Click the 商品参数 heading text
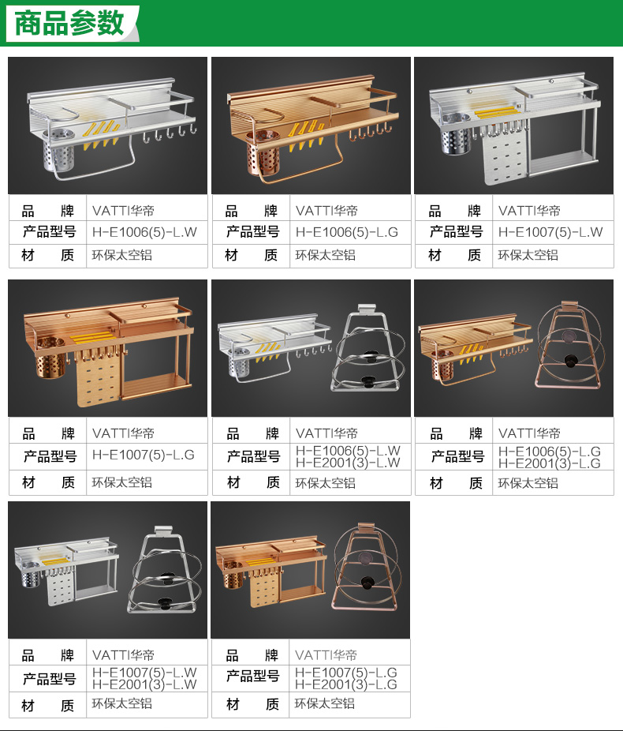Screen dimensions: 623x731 (x=69, y=23)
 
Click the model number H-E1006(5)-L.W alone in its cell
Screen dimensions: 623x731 (x=144, y=232)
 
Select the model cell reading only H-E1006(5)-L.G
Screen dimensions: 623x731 (x=347, y=232)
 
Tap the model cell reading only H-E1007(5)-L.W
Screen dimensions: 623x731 (x=550, y=232)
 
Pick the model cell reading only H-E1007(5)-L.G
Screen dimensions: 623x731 (x=144, y=455)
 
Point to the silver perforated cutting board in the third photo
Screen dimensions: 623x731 (x=505, y=156)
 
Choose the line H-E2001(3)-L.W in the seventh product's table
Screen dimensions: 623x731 (x=144, y=684)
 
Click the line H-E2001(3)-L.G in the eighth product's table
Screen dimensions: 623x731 (x=346, y=684)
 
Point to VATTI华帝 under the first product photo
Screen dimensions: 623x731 (x=123, y=211)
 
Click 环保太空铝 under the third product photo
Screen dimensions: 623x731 (x=528, y=255)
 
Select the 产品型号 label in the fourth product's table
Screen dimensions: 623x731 (x=50, y=456)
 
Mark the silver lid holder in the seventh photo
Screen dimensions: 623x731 (x=164, y=570)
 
